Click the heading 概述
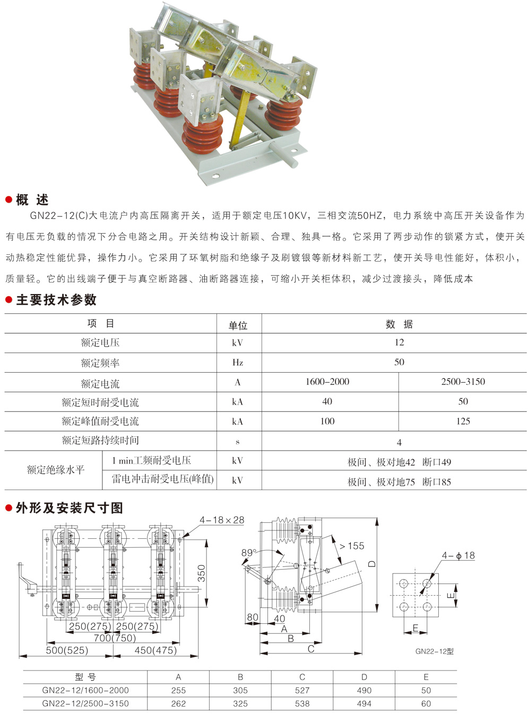32,200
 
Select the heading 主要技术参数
56,300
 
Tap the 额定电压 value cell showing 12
399,342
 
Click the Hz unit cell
237,363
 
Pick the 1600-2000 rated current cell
327,382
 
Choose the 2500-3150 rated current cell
463,382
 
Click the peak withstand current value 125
463,421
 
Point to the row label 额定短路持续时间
100,440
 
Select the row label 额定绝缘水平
56,470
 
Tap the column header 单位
238,325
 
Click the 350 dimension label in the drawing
202,573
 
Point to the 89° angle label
249,553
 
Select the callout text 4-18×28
222,520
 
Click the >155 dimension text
352,546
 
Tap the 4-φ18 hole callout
458,555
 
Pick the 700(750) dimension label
115,638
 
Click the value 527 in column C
302,690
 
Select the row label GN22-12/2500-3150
85,703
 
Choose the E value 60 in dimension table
426,703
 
